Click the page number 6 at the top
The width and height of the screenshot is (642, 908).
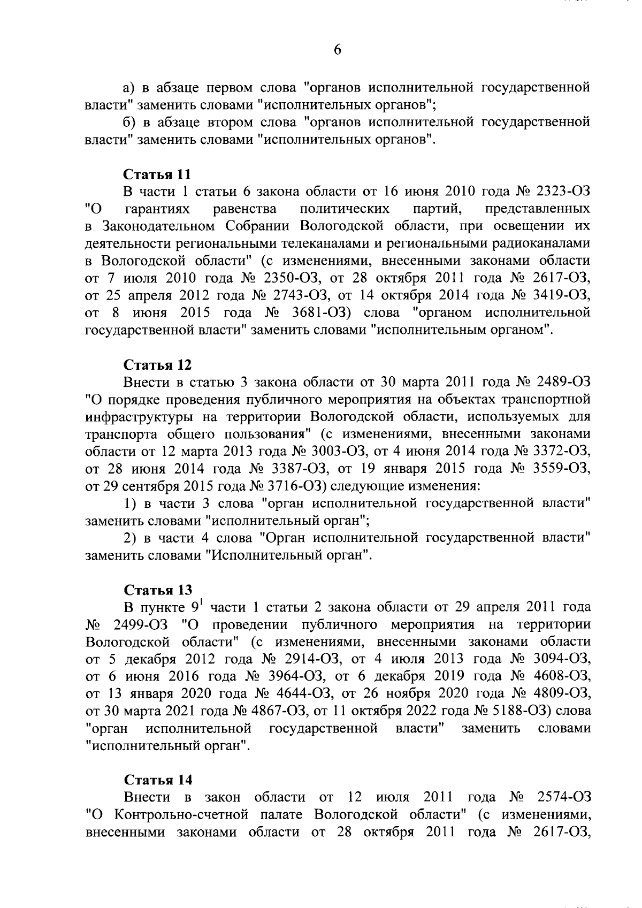pos(337,50)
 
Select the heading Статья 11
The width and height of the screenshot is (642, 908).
pos(157,174)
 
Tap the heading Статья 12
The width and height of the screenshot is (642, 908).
pos(157,365)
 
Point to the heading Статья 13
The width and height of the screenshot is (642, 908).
pos(157,590)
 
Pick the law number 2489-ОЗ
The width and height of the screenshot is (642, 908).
pos(562,382)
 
